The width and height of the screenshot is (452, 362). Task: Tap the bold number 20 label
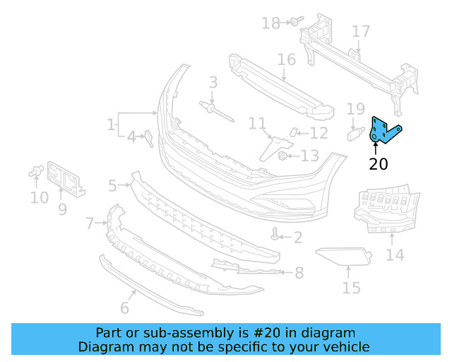coord(379,165)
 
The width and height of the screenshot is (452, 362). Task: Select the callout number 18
coord(270,23)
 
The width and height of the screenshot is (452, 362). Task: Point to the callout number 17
coord(361,32)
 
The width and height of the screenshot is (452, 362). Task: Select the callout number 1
coord(111,125)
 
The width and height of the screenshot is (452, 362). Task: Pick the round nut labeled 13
coord(282,156)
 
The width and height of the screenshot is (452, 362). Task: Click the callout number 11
coord(257,124)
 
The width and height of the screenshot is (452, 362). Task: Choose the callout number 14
coord(395,255)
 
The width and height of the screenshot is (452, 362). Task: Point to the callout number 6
coord(125,308)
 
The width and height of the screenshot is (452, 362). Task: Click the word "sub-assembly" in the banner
coord(184,333)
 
